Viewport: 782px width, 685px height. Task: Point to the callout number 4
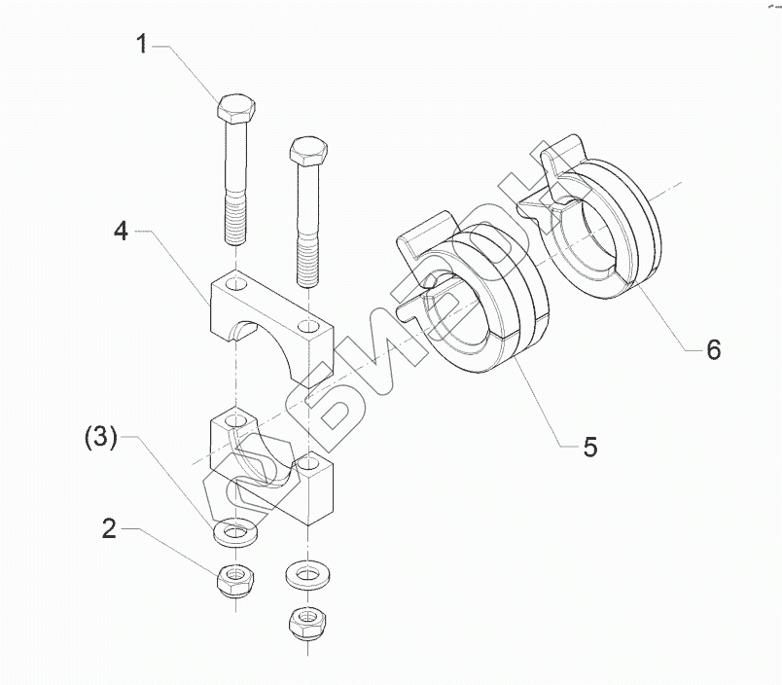point(120,231)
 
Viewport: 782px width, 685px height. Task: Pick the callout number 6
point(713,349)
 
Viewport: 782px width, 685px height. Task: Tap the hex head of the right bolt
point(307,151)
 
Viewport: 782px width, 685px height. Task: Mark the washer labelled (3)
point(233,533)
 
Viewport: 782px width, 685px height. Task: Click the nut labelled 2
point(232,580)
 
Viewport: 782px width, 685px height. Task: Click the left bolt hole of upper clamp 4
point(233,284)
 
